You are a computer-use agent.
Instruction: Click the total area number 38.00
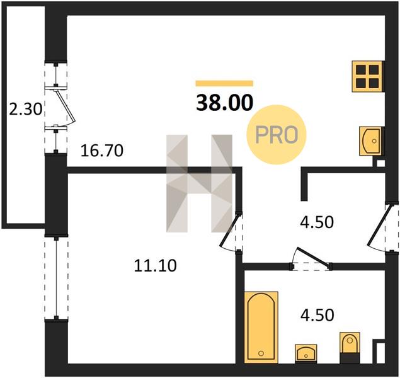coord(224,103)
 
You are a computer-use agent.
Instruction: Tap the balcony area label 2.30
coord(25,110)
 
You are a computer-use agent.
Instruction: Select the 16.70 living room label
coord(102,151)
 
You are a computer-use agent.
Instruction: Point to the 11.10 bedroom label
coord(156,265)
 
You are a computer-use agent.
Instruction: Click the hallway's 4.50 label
coord(317,222)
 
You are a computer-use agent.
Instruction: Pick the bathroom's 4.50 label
coord(317,315)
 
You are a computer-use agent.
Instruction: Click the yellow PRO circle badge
coord(277,135)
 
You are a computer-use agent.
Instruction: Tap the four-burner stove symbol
coord(368,76)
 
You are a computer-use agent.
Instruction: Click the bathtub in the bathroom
coord(261,327)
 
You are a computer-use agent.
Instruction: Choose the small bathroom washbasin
coord(306,353)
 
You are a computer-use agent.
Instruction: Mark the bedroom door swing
coord(229,233)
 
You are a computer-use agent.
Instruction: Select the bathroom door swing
coord(312,258)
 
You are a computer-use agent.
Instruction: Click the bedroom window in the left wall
coord(56,278)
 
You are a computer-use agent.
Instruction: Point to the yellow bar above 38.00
coord(224,83)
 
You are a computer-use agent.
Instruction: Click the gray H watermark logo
coord(199,183)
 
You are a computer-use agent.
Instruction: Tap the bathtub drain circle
coord(261,353)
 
